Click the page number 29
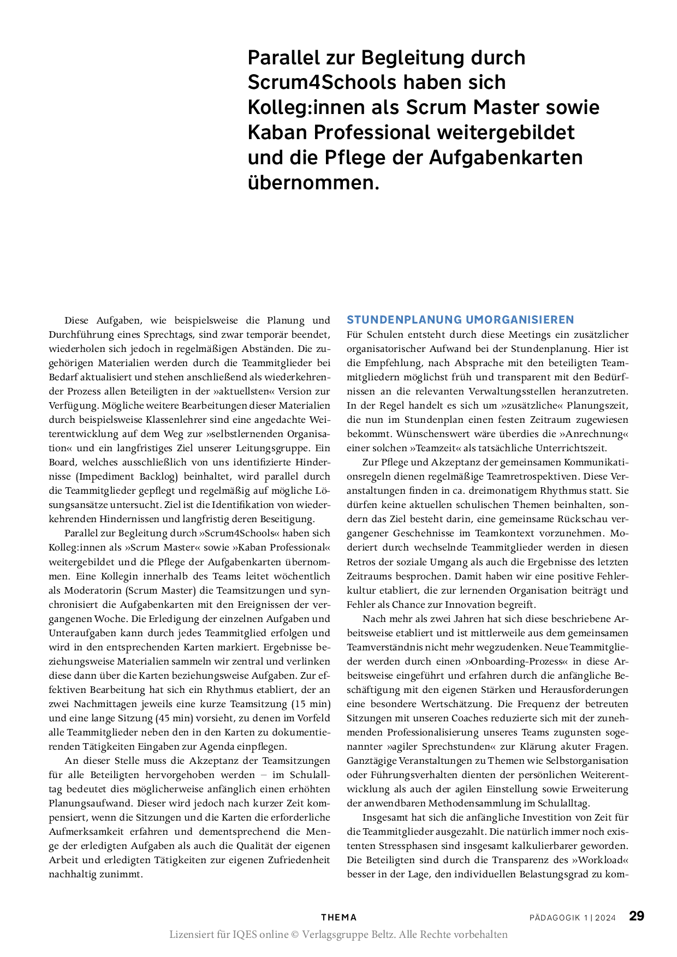637,916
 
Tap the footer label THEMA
339,918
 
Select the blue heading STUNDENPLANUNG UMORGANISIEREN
460,320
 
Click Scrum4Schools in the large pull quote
311,82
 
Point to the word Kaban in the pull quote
278,132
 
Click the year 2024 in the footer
605,918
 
